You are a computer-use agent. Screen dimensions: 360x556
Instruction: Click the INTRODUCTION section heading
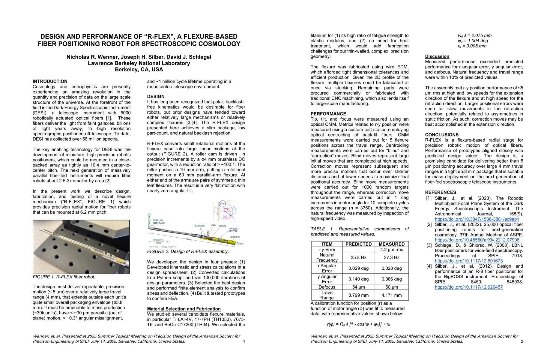pos(50,81)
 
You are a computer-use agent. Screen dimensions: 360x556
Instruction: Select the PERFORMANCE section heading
pos(328,114)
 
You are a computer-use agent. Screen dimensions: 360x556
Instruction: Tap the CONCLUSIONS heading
pos(442,135)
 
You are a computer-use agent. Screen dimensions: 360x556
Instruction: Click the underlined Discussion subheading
pos(437,56)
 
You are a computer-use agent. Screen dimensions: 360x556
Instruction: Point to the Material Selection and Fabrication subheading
pos(184,309)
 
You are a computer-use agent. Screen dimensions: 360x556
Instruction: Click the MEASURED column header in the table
pos(391,244)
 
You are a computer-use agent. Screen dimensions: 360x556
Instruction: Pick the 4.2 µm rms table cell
pos(391,250)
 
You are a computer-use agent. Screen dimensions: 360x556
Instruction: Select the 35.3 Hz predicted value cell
pos(358,257)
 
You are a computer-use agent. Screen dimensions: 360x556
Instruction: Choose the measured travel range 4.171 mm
pos(391,295)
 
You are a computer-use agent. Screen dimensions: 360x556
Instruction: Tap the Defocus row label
pos(327,287)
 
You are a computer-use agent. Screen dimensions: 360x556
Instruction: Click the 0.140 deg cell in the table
pos(358,279)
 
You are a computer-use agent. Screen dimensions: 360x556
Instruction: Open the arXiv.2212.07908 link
pos(477,240)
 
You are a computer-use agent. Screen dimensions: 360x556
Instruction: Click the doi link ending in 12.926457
pos(469,287)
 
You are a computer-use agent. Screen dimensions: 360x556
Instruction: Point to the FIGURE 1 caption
pos(64,277)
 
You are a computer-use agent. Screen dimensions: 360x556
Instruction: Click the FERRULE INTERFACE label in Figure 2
pos(159,222)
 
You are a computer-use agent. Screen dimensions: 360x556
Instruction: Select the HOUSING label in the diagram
pos(235,237)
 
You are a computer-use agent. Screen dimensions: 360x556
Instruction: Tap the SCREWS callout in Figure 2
pos(200,226)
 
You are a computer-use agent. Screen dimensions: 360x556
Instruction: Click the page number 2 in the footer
pos(522,341)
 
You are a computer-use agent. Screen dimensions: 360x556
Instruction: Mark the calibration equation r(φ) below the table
pos(358,324)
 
